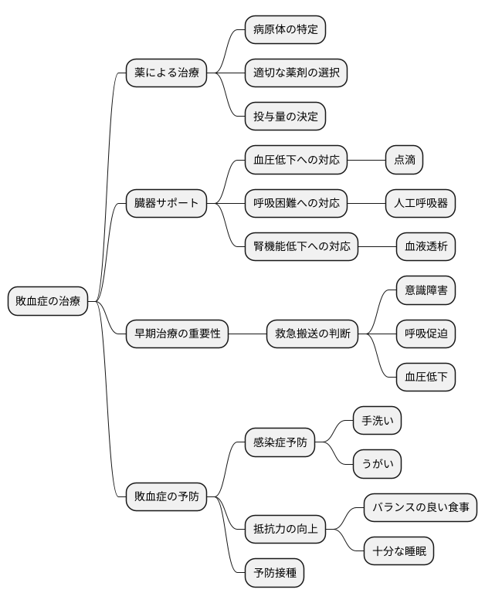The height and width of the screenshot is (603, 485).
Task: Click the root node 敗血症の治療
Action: point(48,301)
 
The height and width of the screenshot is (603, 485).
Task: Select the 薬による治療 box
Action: point(166,73)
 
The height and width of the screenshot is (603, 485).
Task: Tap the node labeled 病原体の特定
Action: point(285,30)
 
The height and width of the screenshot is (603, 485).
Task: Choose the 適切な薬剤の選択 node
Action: point(296,73)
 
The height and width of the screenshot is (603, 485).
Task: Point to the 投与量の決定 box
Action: point(285,117)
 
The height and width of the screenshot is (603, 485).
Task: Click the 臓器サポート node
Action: point(166,204)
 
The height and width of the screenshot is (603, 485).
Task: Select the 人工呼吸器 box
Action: point(421,204)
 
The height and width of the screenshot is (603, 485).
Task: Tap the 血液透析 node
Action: point(426,247)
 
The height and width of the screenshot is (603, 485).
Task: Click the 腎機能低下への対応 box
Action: point(301,247)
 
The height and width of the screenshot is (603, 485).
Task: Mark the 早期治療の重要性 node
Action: point(177,334)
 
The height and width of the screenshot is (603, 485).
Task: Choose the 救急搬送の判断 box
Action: point(312,334)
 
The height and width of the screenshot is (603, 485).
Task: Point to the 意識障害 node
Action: point(426,290)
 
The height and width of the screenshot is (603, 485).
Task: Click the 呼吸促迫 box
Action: point(426,334)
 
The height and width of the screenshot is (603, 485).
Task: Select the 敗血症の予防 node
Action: point(166,496)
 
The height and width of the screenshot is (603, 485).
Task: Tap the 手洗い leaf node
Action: point(377,421)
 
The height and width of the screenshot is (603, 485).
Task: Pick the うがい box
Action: point(377,464)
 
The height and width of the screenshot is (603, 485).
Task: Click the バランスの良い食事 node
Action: point(420,508)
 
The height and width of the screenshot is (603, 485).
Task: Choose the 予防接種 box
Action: point(274,573)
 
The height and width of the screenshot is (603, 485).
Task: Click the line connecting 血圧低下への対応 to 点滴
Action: point(366,161)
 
